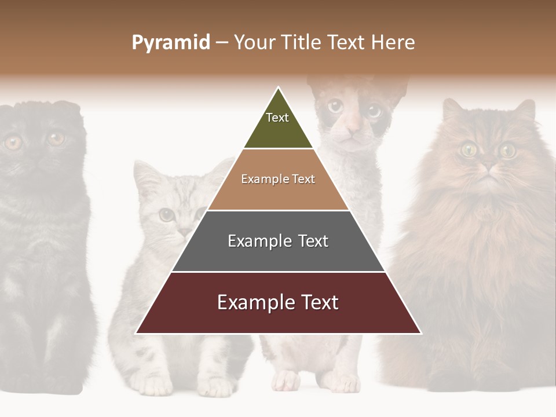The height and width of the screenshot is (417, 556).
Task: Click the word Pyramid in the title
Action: (170, 43)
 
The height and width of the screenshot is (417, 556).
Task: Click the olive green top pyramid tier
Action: (278, 125)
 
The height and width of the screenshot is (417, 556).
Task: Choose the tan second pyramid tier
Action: (278, 180)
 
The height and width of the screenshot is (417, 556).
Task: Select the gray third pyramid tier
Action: (278, 241)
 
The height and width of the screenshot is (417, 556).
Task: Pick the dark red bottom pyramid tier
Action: (278, 303)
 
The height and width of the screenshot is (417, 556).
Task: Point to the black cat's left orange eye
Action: (13, 142)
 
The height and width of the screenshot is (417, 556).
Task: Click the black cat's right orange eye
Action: (56, 138)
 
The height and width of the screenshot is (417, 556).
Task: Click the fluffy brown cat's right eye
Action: (508, 151)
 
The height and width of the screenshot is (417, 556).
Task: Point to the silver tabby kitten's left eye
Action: (167, 215)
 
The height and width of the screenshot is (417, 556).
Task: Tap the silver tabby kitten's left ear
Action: (145, 174)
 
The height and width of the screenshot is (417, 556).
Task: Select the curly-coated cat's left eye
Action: (335, 106)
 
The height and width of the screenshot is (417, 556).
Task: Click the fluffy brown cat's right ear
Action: (525, 110)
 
